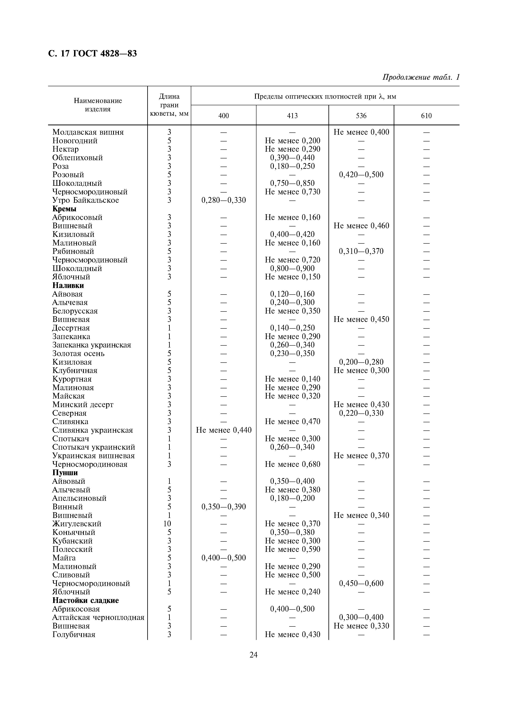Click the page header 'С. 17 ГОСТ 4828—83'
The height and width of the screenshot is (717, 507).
point(92,54)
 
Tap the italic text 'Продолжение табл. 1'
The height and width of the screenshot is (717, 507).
point(421,77)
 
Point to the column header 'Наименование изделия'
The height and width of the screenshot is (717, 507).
point(98,105)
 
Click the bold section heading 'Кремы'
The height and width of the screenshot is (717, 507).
point(64,209)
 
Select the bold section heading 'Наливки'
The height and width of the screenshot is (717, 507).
point(68,285)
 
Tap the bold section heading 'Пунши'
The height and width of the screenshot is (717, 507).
point(65,473)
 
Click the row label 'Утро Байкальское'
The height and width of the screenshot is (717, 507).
point(86,200)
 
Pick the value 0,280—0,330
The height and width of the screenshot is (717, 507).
point(224,200)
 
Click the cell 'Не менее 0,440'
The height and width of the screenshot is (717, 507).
point(224,430)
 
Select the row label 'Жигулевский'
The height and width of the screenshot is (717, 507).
point(77,524)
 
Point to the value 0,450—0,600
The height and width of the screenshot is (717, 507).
point(361,583)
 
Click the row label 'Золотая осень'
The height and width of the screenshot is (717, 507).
point(78,354)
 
